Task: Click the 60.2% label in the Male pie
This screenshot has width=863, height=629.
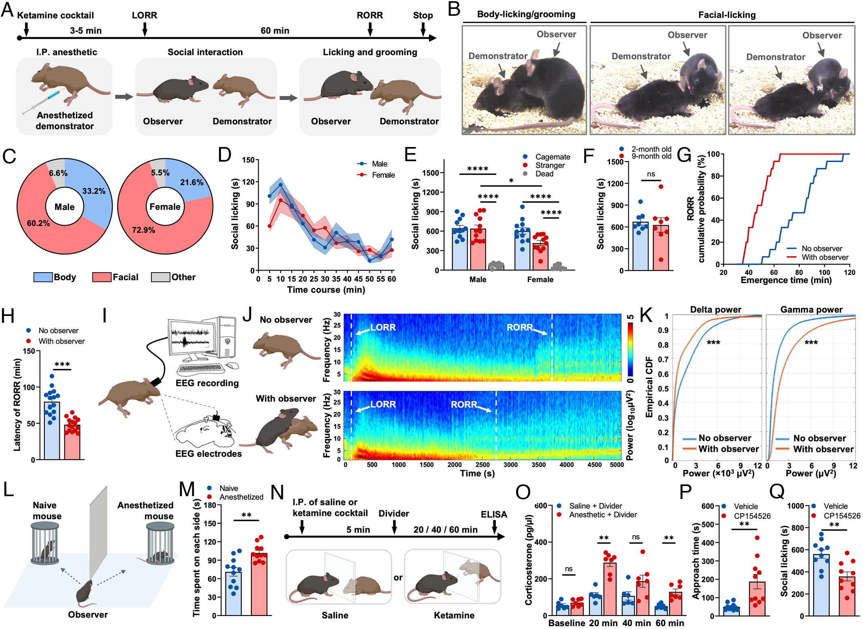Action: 38,223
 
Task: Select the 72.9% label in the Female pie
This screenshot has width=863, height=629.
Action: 143,230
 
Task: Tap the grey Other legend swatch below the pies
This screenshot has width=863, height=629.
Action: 160,277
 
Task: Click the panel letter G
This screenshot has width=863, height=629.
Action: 684,155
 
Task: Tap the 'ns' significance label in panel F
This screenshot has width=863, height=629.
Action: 650,174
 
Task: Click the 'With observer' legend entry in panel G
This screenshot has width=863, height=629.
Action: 825,257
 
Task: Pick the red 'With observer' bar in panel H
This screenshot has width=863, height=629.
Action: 72,441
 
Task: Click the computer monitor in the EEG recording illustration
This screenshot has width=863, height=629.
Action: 191,338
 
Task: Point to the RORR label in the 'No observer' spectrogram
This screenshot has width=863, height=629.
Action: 520,327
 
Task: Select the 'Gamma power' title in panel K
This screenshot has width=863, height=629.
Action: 811,310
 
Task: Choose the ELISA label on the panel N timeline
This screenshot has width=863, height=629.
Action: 494,514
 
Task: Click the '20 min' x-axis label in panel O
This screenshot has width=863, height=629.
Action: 603,623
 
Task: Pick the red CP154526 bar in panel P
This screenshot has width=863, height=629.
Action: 757,599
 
